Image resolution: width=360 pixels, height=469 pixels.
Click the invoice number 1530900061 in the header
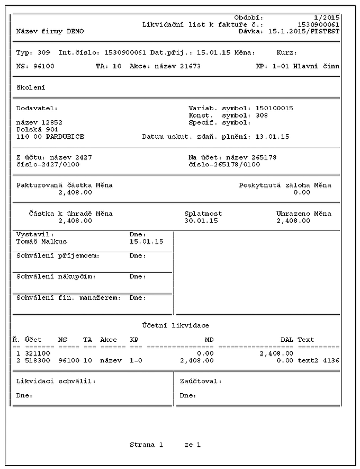click(x=318, y=24)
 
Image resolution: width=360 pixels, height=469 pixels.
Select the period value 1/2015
click(x=327, y=17)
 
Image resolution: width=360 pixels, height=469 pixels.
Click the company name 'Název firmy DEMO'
click(x=50, y=31)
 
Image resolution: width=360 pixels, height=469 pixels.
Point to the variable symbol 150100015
click(x=274, y=108)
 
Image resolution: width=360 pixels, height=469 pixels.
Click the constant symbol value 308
click(x=262, y=115)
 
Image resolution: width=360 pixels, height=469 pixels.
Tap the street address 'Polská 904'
click(x=37, y=129)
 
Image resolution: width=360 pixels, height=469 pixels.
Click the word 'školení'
click(x=31, y=87)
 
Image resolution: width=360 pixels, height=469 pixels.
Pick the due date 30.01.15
click(x=201, y=220)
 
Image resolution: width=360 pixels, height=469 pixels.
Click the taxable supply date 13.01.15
click(x=272, y=136)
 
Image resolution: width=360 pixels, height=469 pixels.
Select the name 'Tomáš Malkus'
click(x=42, y=241)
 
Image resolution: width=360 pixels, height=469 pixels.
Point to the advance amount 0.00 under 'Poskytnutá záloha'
click(x=302, y=192)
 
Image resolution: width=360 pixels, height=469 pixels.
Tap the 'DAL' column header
click(x=286, y=339)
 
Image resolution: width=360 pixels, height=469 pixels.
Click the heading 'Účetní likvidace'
click(x=175, y=325)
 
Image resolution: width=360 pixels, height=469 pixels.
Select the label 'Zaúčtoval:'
click(x=201, y=381)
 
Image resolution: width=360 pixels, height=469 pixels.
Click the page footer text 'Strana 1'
click(x=146, y=445)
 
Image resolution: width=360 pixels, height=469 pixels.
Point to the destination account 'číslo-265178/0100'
click(x=224, y=164)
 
